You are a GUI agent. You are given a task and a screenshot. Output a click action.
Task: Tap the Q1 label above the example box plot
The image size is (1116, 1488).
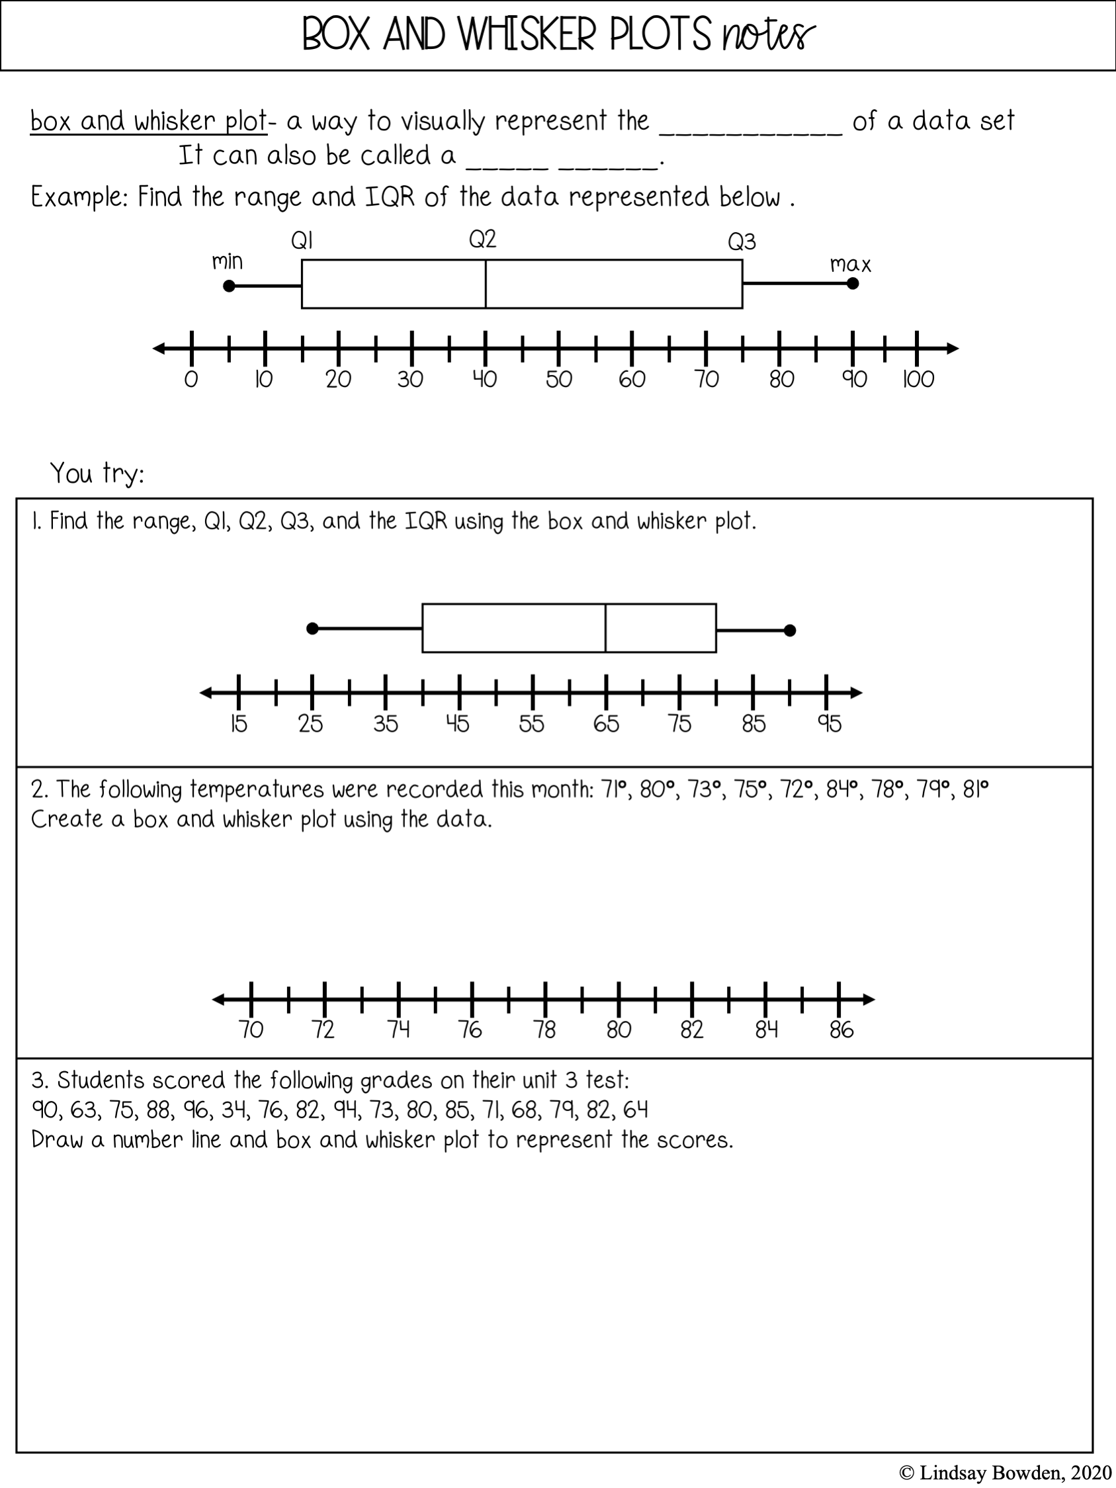(302, 241)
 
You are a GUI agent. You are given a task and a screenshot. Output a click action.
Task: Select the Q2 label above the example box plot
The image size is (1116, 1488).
(482, 239)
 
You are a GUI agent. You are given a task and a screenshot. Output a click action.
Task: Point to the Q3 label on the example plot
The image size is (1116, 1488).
(742, 241)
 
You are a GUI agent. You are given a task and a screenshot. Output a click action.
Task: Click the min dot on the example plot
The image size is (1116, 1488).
(230, 286)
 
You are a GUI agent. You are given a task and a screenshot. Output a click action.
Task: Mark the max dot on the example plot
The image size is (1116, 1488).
(852, 283)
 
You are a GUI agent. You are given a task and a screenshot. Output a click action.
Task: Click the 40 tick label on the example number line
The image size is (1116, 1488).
(484, 379)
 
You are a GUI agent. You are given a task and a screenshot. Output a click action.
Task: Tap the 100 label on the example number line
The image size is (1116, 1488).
(918, 379)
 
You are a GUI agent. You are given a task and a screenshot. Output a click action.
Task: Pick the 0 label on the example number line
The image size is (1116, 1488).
(191, 379)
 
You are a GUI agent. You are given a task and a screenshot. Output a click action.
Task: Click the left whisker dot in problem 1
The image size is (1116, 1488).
(312, 629)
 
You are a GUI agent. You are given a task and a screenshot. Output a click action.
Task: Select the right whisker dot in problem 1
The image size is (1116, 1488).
(791, 631)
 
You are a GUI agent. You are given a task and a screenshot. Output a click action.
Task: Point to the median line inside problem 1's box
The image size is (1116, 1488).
(605, 629)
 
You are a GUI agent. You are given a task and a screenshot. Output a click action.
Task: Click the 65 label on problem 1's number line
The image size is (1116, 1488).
(605, 724)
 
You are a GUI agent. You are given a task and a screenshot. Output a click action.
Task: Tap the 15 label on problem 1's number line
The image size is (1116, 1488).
(239, 724)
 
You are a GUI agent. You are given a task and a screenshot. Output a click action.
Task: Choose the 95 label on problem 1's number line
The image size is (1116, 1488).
(830, 724)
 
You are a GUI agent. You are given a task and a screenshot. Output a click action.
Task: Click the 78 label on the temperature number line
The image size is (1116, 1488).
(545, 1030)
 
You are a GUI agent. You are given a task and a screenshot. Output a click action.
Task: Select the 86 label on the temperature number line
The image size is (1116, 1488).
(841, 1030)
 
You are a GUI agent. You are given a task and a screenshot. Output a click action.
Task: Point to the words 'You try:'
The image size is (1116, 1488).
(97, 474)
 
